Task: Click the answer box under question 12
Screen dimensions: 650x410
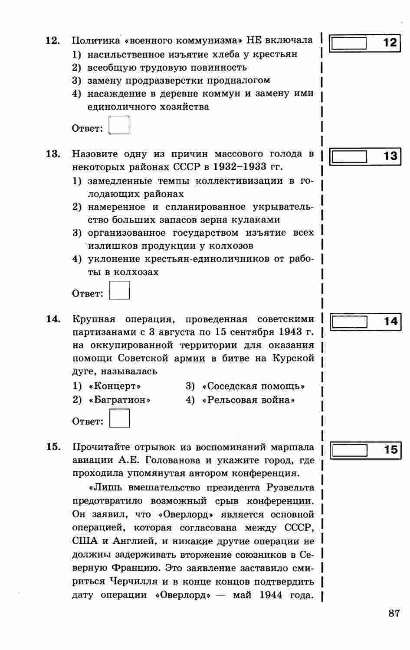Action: coord(119,125)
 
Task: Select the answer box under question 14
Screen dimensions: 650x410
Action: coord(119,419)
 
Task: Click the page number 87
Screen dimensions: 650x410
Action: coord(394,613)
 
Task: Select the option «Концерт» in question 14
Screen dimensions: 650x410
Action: coord(115,386)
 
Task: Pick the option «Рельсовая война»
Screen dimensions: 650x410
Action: coord(248,400)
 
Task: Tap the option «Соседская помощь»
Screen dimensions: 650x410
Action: coord(253,386)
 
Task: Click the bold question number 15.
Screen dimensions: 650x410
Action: coord(53,447)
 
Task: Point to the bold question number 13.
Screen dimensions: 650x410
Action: coord(53,154)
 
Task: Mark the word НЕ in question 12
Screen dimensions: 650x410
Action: coord(254,40)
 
